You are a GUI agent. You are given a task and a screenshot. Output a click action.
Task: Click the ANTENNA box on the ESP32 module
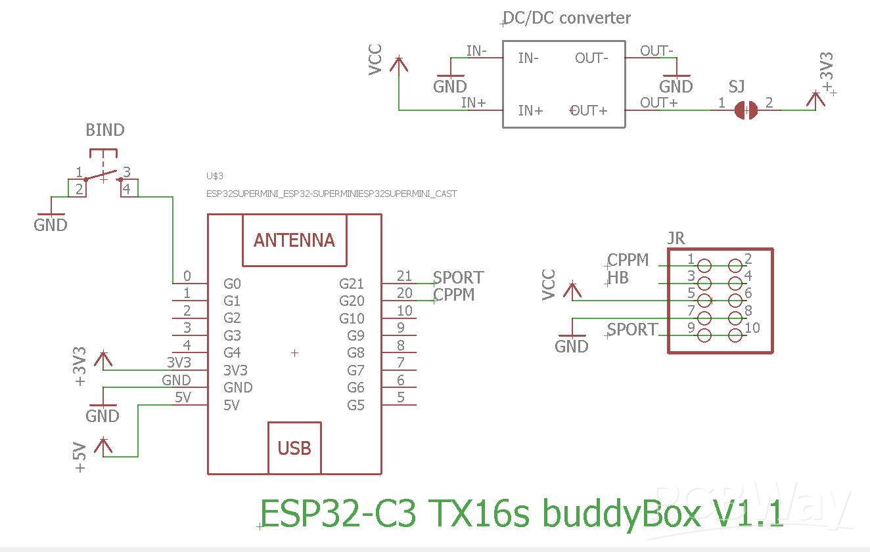point(294,240)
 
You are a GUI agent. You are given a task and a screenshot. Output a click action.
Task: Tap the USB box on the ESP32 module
point(294,448)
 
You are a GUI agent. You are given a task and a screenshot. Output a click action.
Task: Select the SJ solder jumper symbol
point(746,110)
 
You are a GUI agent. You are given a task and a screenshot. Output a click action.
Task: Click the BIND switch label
point(105,130)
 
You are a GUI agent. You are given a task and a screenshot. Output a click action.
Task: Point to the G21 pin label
point(351,284)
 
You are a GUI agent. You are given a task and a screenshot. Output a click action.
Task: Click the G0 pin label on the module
point(232,284)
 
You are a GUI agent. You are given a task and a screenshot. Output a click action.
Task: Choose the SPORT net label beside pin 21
point(458,278)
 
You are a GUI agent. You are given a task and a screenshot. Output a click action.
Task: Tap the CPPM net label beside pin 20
point(454,295)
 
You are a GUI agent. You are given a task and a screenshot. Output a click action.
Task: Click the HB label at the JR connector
point(618,278)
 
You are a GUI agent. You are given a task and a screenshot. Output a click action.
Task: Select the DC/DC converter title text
point(566,18)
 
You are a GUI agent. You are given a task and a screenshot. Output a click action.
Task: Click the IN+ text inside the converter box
point(530,110)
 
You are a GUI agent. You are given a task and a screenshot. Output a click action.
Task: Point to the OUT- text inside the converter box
point(591,58)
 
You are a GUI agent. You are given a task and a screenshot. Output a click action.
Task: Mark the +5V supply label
point(80,457)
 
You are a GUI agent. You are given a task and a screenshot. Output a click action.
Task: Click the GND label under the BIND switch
point(51,224)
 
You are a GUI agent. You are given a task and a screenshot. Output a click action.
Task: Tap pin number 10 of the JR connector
point(752,328)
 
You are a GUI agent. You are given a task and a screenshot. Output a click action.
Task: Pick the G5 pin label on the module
point(355,405)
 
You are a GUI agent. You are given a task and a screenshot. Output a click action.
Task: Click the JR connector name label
point(675,238)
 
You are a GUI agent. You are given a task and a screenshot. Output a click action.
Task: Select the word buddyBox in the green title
point(621,514)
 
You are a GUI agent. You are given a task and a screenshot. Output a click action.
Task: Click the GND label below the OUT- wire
point(676,86)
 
